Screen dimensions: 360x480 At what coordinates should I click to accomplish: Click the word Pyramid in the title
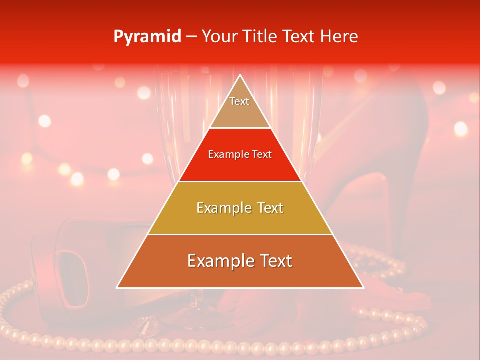tap(147, 37)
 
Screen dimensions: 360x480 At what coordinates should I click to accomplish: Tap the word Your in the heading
tap(218, 37)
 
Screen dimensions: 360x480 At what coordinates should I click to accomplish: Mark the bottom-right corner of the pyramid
tap(362, 287)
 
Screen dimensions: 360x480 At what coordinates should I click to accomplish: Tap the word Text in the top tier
tap(239, 101)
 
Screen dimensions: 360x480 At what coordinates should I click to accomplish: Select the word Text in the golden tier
tap(270, 208)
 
